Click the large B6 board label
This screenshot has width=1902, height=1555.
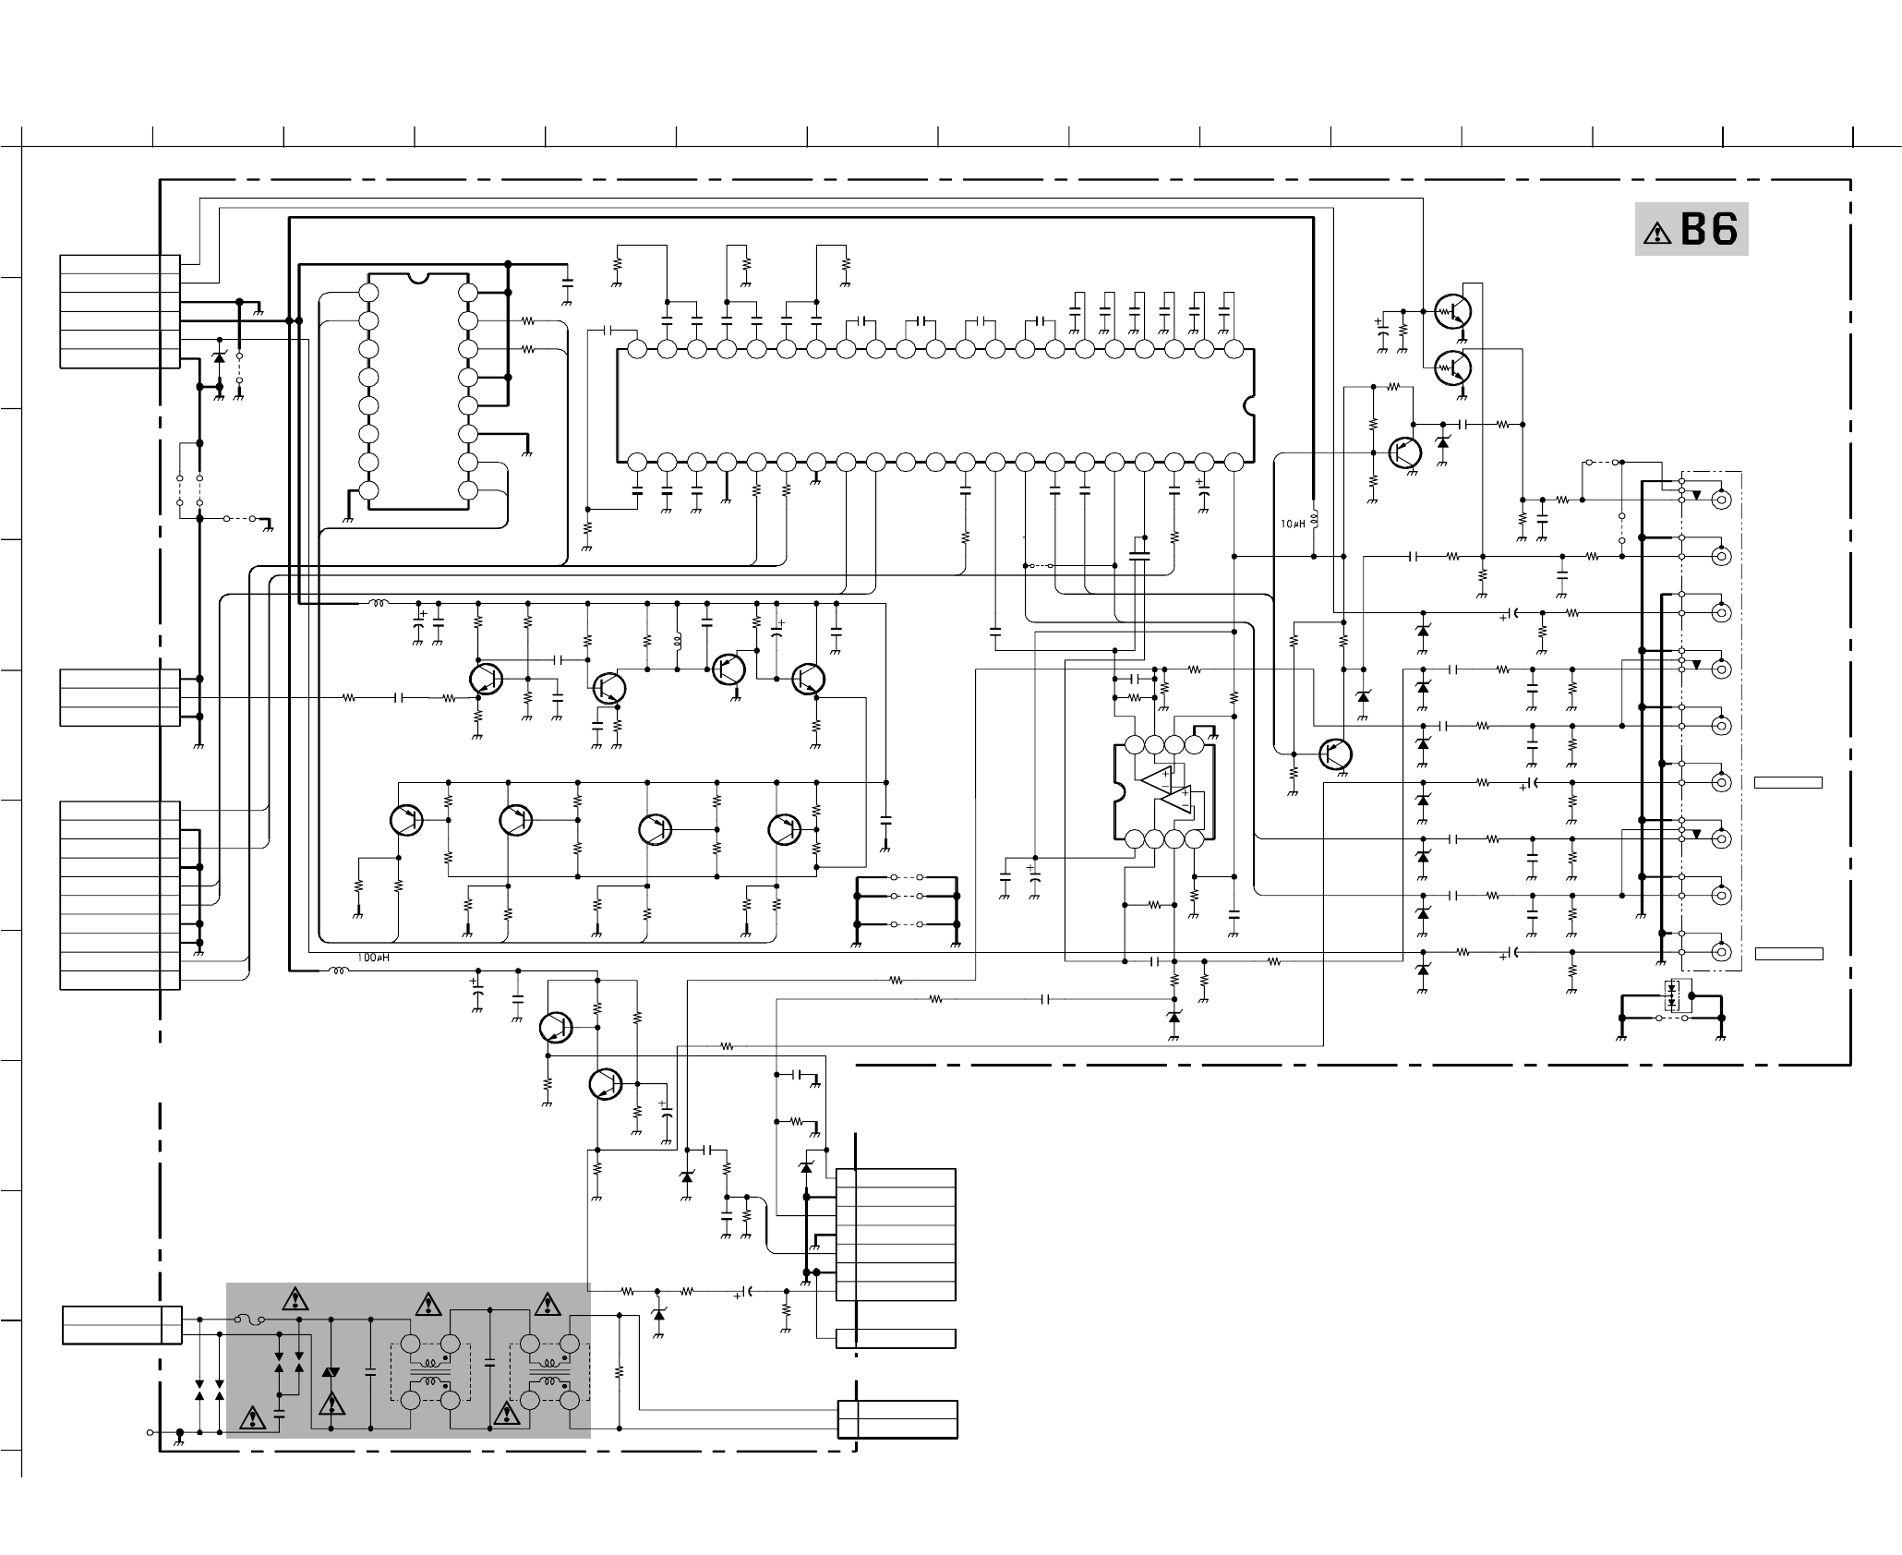point(1709,229)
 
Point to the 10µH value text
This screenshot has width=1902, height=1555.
point(1292,524)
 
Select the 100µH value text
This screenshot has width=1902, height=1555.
point(373,958)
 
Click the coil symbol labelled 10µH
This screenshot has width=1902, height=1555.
point(1314,518)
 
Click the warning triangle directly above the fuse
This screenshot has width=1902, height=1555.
point(295,1300)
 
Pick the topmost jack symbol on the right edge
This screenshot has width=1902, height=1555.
point(1720,500)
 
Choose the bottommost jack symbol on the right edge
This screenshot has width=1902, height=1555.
point(1720,952)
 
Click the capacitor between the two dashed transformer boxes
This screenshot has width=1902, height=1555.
point(489,1363)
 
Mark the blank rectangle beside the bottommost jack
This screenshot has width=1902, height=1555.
point(1788,954)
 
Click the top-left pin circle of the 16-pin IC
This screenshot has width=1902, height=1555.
point(368,293)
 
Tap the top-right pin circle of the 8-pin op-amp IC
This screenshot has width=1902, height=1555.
point(1194,745)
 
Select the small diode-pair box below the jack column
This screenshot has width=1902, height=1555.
point(1671,995)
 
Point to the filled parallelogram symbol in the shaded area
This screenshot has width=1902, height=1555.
point(330,1373)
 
